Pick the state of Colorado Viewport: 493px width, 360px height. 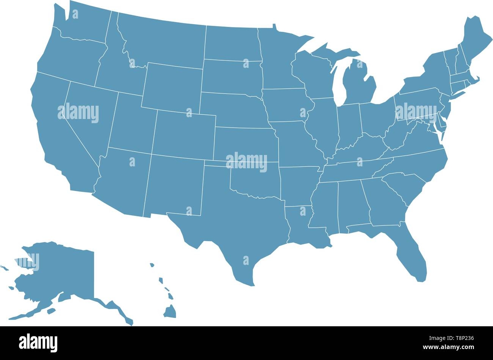(184, 133)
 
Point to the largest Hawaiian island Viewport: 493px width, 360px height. (170, 311)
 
